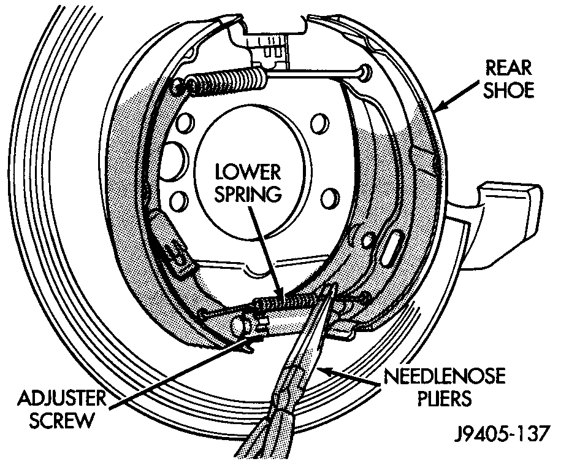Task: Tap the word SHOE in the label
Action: click(x=508, y=90)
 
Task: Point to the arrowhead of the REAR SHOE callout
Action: click(x=437, y=109)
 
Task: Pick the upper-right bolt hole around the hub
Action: click(x=318, y=125)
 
